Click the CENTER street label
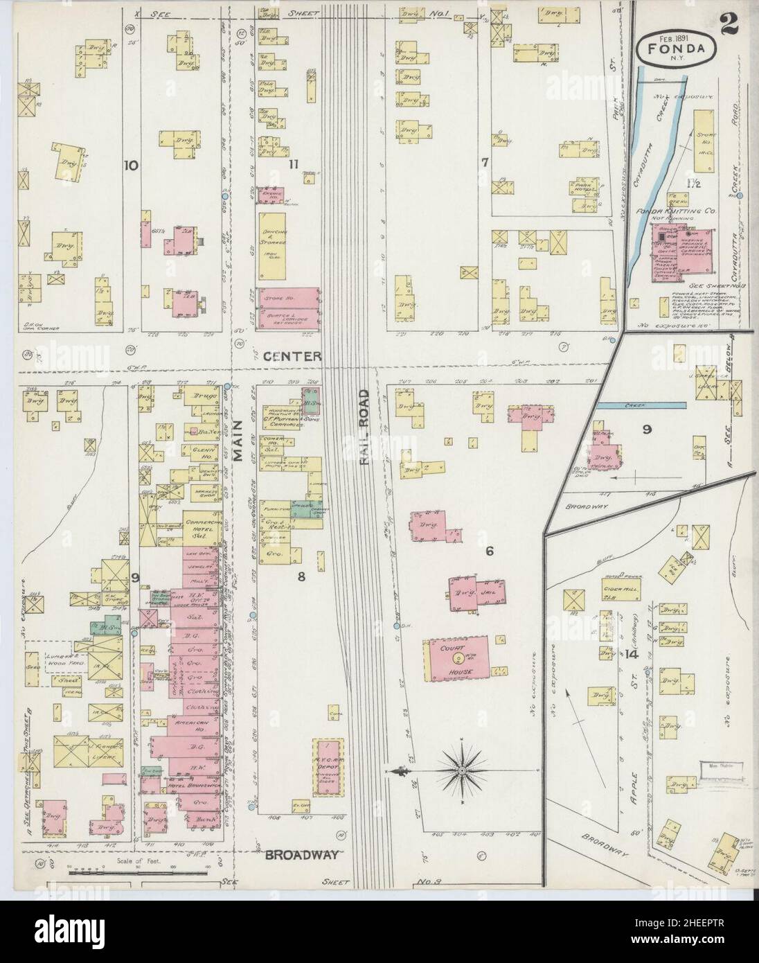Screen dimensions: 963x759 [292, 356]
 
